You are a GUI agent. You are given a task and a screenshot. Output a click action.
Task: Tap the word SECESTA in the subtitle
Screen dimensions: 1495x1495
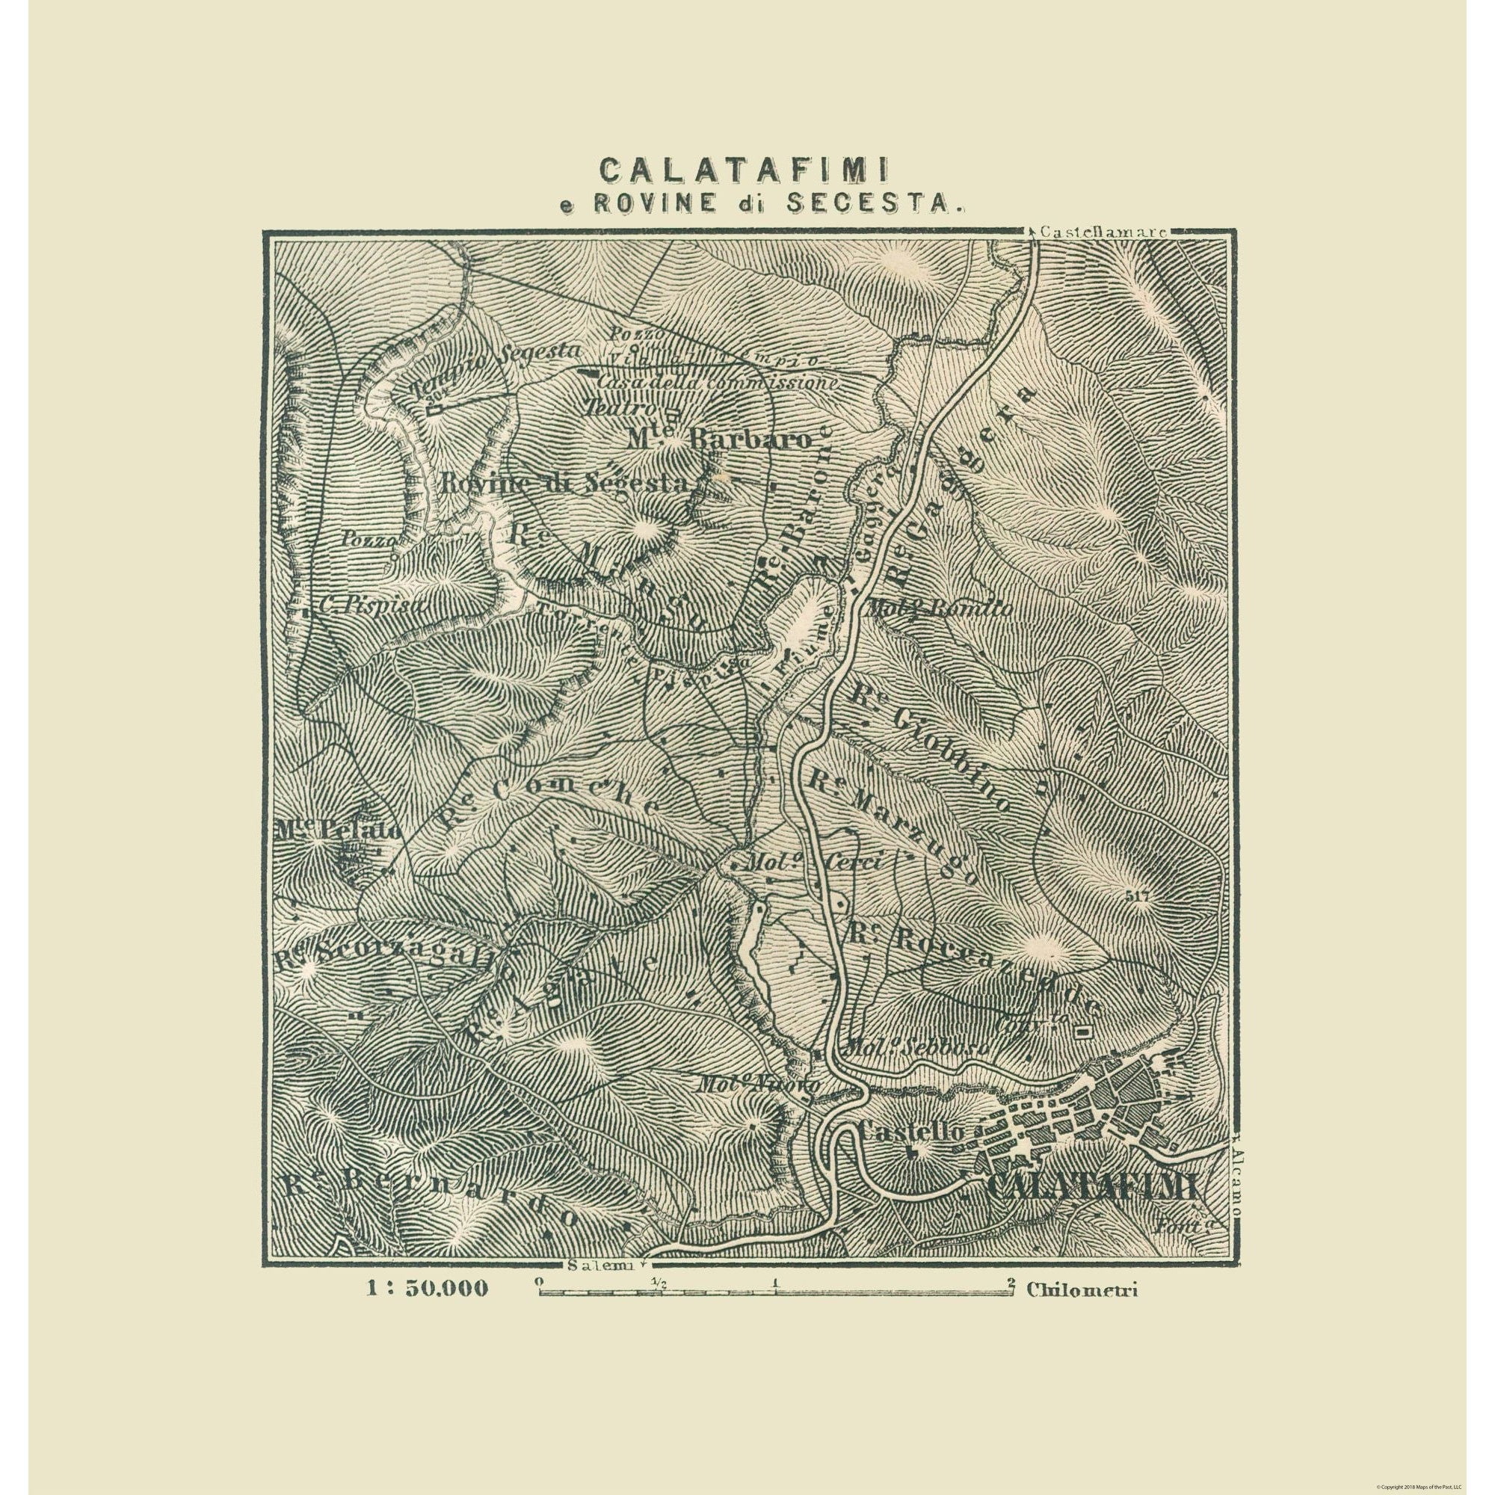tap(878, 203)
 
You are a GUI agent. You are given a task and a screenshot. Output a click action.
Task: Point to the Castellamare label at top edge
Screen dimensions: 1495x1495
tap(1103, 230)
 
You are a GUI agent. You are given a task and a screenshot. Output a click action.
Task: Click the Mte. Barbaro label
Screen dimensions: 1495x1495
tap(720, 440)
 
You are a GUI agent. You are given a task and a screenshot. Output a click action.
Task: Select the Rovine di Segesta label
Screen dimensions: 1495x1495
tap(564, 484)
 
